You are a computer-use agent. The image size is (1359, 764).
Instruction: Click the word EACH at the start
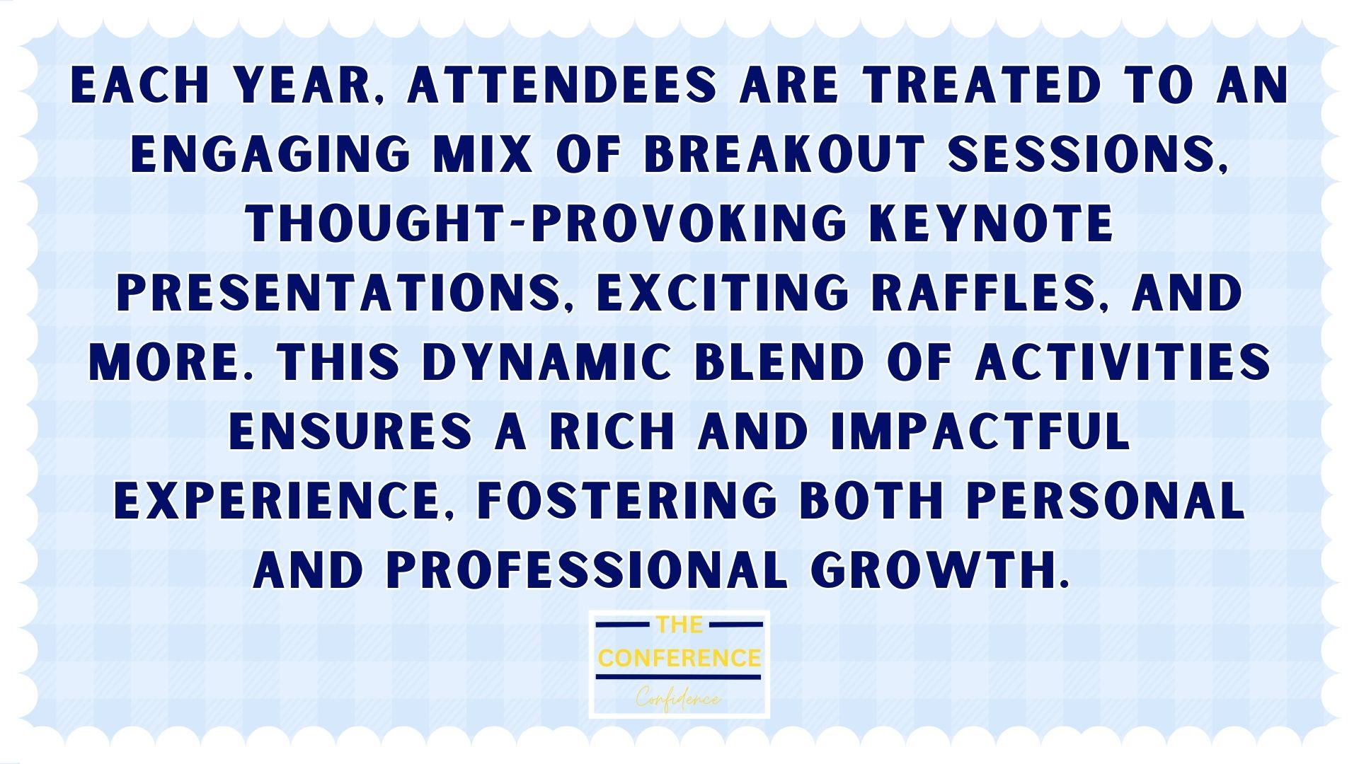tap(141, 86)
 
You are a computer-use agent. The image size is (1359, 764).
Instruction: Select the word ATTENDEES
tap(563, 86)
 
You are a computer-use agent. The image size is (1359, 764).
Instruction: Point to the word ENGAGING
tap(270, 155)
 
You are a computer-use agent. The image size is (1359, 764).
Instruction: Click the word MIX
tap(483, 155)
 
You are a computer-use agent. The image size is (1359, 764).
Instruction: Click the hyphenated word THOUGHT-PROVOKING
tap(546, 224)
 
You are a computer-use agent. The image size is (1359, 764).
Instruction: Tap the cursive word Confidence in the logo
tap(679, 699)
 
